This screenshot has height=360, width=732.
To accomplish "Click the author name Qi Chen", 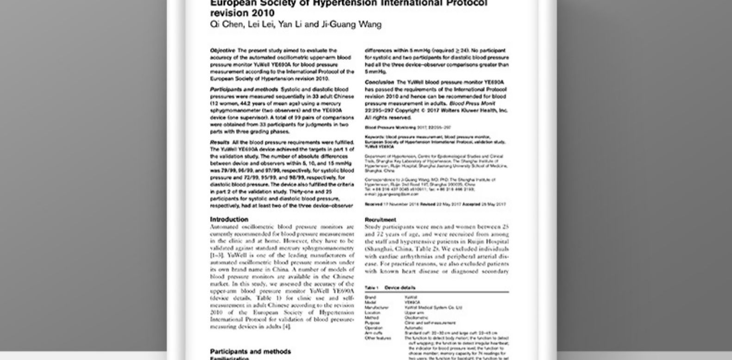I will tap(226, 25).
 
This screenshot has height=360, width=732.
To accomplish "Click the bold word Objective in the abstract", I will tap(222, 50).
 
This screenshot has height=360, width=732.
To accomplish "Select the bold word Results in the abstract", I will tap(219, 143).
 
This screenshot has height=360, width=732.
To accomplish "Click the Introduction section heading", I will tap(229, 219).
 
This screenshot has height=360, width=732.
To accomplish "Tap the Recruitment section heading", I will tap(380, 220).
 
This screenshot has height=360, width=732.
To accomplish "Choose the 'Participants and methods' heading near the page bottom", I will tap(250, 352).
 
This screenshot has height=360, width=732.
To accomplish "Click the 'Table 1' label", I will tap(371, 288).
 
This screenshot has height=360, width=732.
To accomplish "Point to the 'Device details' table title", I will tap(400, 288).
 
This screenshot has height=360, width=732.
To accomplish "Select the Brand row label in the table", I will tap(370, 298).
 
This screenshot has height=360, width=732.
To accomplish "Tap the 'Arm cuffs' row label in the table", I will tap(373, 333).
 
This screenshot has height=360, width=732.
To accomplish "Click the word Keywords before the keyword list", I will tap(374, 137).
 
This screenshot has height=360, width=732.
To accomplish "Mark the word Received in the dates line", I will tap(373, 204).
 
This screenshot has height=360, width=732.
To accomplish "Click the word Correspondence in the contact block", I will tap(378, 180).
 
